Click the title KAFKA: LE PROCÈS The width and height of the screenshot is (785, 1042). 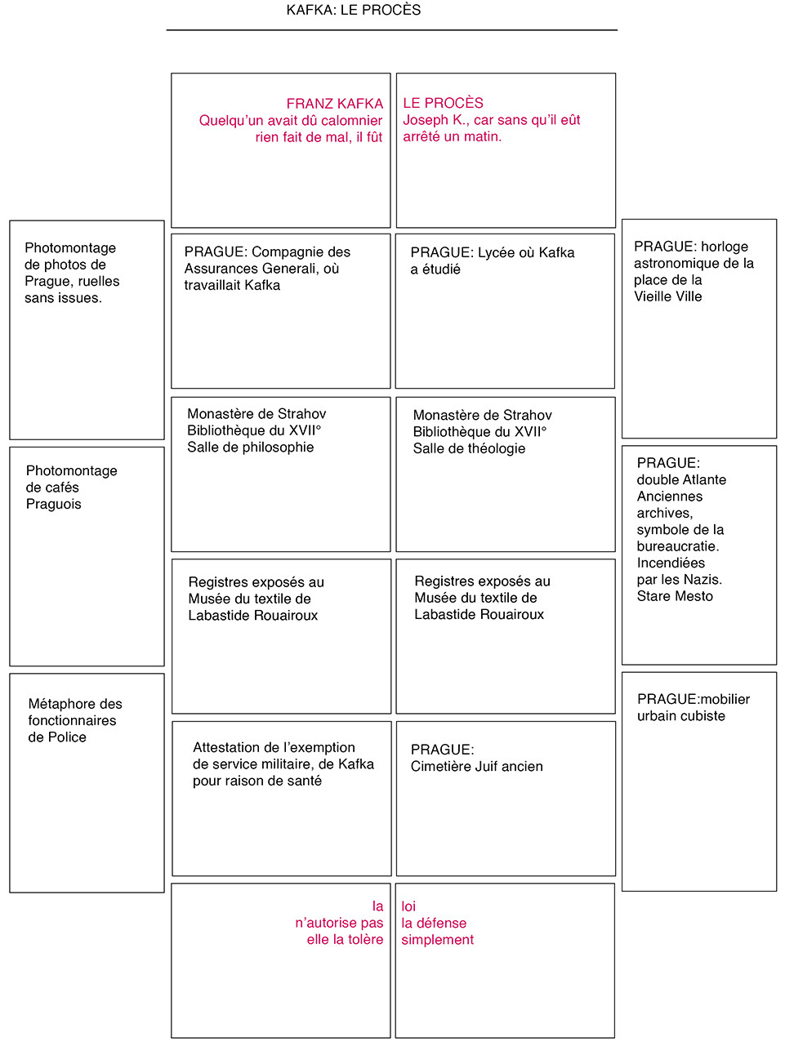(x=354, y=11)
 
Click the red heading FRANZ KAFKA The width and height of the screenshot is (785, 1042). (x=334, y=104)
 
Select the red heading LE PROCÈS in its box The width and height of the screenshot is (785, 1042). (x=443, y=103)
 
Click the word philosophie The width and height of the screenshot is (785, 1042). (x=274, y=448)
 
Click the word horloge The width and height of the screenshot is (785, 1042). (x=724, y=247)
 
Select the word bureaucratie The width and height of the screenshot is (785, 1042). (x=677, y=546)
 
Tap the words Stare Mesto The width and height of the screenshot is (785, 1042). (x=675, y=596)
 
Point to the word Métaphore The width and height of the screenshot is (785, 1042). (x=63, y=704)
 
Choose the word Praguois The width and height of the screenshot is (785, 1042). (x=54, y=504)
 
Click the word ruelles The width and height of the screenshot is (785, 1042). (x=98, y=281)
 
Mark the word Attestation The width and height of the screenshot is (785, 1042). (x=229, y=747)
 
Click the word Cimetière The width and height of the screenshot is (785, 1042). (x=444, y=766)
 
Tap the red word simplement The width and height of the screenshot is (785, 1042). (x=437, y=940)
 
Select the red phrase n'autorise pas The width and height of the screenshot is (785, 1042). (x=339, y=923)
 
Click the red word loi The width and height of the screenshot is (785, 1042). (x=408, y=906)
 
